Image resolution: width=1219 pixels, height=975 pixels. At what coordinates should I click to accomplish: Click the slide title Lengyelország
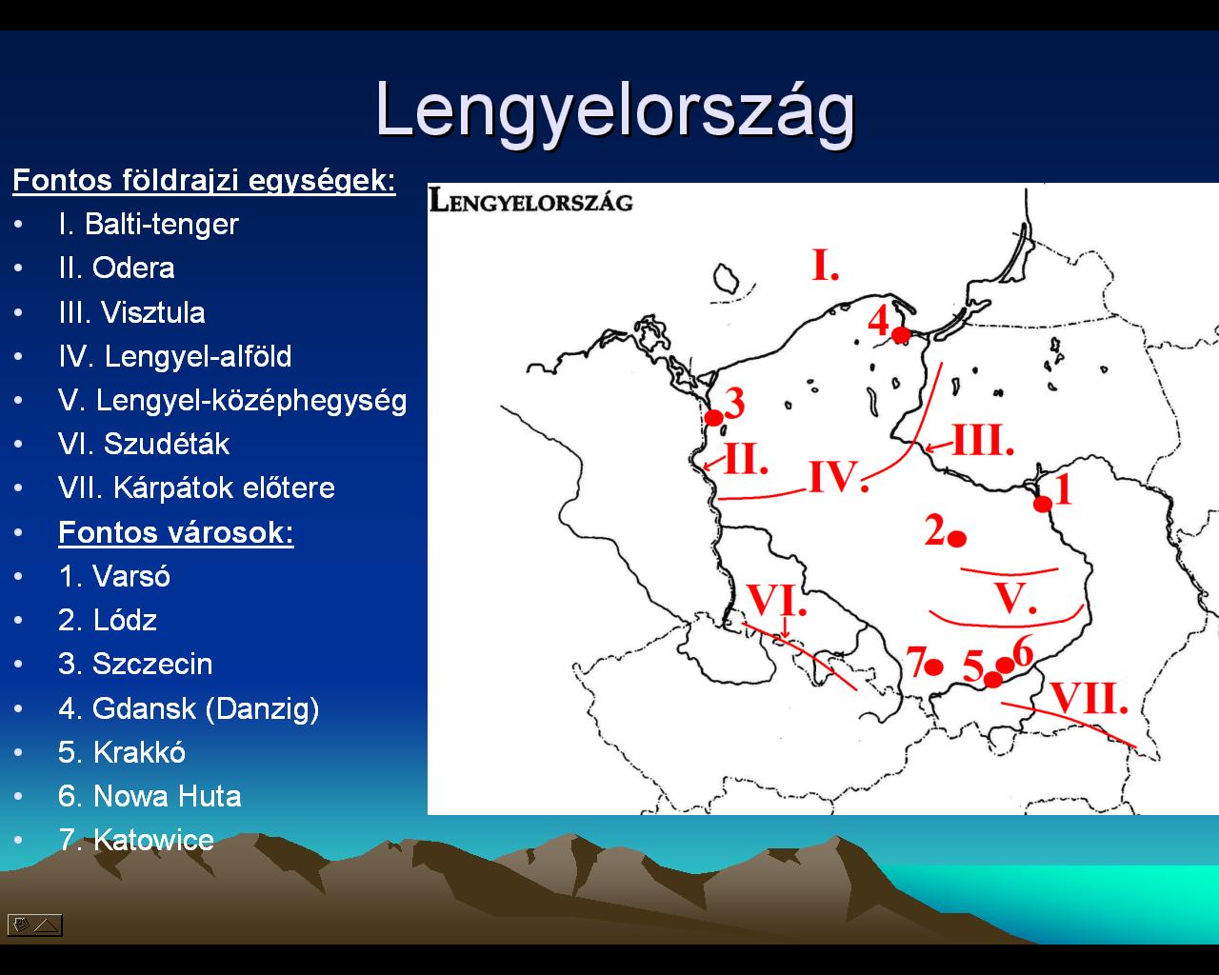coord(615,111)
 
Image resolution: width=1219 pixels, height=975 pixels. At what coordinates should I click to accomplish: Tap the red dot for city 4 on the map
coord(901,335)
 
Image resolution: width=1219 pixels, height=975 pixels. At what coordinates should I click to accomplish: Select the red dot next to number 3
coord(713,418)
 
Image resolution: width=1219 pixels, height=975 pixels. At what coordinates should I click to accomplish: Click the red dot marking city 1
coord(1043,504)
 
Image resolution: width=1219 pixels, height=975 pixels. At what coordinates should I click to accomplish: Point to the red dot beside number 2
coord(957,539)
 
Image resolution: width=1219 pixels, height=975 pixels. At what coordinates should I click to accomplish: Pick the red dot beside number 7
coord(933,667)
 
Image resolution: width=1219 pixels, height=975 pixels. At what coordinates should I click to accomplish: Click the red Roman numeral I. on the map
coord(826,265)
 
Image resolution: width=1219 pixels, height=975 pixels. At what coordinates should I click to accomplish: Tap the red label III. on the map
coord(984,440)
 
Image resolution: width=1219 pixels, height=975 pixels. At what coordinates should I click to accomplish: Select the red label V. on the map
coord(1015,598)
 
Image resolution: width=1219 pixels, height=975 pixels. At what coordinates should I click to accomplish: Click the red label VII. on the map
coord(1089,698)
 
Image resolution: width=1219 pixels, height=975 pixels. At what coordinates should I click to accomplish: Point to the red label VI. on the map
coord(776,600)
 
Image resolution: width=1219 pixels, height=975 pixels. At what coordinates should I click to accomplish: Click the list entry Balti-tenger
coord(162,225)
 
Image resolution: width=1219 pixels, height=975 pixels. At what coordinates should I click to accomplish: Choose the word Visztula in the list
coord(153,312)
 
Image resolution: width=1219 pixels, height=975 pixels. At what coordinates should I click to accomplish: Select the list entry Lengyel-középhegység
coord(251,402)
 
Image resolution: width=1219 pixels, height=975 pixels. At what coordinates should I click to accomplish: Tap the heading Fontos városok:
coord(176,532)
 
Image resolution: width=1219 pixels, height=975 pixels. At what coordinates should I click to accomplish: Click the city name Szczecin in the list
coord(152,665)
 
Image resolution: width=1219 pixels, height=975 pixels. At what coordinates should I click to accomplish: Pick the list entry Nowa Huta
coord(167,796)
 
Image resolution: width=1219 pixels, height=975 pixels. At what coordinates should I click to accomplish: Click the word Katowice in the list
coord(153,840)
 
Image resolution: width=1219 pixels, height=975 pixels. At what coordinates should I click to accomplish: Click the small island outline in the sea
coord(726,278)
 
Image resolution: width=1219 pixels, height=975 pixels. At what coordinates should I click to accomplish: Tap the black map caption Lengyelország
coord(530,201)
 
